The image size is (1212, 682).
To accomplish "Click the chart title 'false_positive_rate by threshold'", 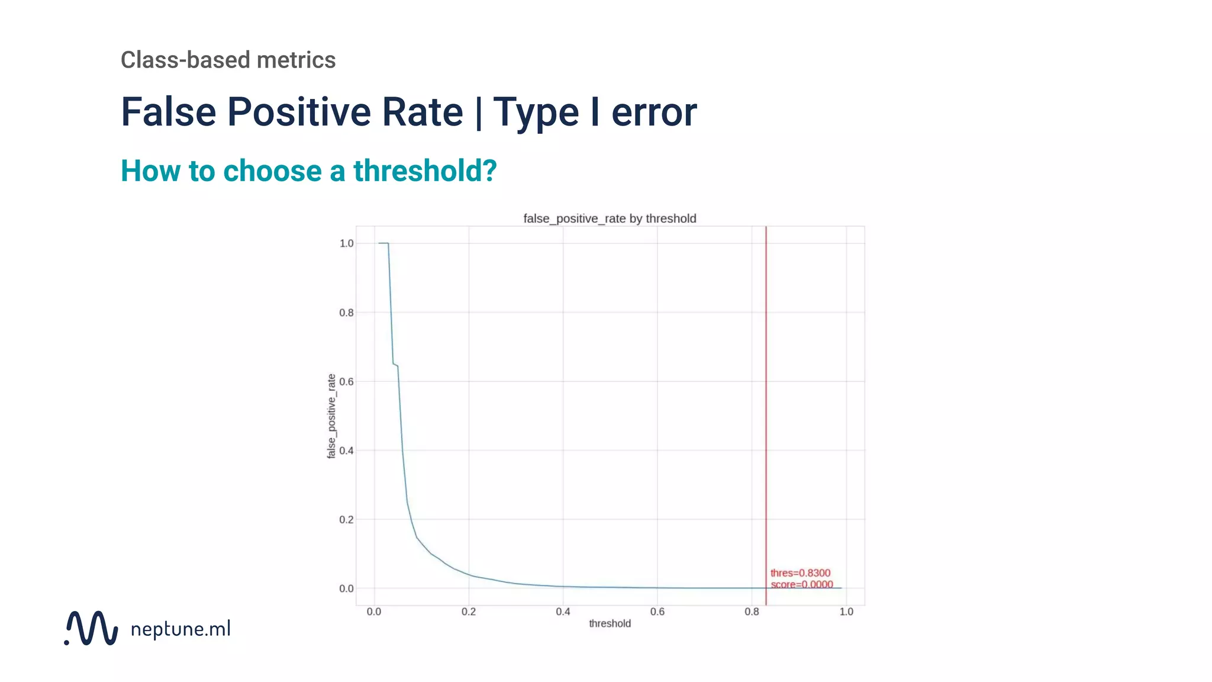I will pos(610,218).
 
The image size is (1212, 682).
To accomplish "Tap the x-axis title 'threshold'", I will pos(610,623).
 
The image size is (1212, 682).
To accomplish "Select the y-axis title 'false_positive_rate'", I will pos(331,416).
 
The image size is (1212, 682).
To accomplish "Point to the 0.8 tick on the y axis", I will pos(346,313).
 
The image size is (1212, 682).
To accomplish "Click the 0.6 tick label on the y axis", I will pos(346,382).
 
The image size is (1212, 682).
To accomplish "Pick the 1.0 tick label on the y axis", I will pos(346,243).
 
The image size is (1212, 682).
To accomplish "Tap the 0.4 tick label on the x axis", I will pos(563,612).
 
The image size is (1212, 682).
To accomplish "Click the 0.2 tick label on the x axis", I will pos(468,612).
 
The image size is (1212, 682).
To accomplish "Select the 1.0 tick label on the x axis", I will pos(846,612).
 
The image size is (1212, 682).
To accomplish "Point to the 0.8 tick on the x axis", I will pos(752,612).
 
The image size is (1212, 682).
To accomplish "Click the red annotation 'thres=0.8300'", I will pos(800,573).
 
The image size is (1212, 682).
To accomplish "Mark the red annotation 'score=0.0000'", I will pos(801,584).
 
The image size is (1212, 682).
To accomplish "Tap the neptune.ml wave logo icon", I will pos(92,628).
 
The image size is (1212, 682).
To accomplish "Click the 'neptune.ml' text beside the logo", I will pos(180,629).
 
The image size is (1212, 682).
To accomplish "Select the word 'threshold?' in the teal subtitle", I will pos(425,170).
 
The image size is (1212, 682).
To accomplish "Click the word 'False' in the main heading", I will pos(169,112).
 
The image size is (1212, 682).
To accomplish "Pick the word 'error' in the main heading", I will pos(654,112).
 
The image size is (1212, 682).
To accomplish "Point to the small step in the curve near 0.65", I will pos(395,365).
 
